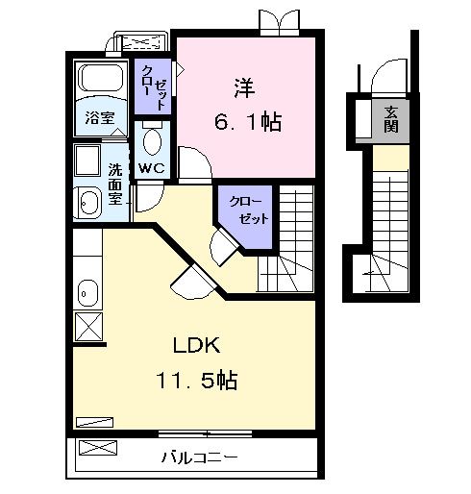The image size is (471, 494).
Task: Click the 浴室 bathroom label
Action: click(99, 120)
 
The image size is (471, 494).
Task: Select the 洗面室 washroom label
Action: click(115, 184)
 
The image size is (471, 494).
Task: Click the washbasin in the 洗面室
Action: click(89, 202)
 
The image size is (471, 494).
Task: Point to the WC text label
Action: click(151, 168)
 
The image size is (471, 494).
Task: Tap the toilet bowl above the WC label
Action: click(152, 142)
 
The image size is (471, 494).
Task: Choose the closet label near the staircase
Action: click(247, 210)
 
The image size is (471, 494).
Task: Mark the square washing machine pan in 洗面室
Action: click(88, 160)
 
